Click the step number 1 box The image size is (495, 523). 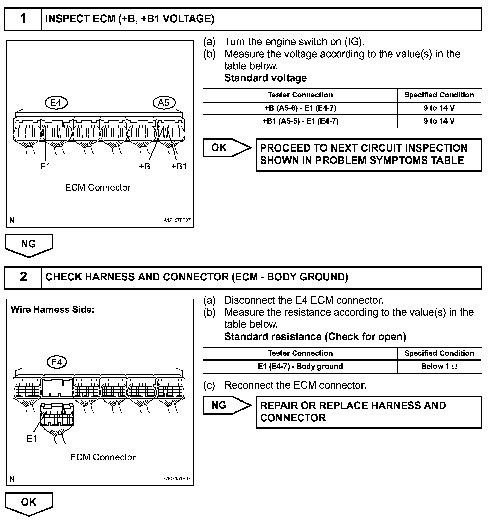(x=23, y=19)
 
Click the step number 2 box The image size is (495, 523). (x=23, y=277)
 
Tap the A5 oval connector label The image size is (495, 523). (x=164, y=103)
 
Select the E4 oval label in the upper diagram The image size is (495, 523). (x=56, y=103)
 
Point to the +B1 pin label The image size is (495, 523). (x=179, y=166)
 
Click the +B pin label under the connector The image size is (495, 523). (x=144, y=166)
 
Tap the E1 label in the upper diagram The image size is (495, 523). (x=45, y=166)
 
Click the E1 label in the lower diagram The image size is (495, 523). (x=32, y=438)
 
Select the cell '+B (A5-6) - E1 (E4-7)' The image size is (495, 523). (x=300, y=108)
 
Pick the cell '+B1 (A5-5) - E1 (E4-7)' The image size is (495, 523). (x=300, y=121)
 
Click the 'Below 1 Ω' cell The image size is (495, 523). (x=439, y=367)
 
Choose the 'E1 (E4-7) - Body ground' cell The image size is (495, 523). (x=300, y=367)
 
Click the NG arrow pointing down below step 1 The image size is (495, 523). (x=29, y=245)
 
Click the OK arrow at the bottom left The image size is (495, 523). (x=29, y=503)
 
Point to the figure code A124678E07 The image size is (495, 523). (x=177, y=220)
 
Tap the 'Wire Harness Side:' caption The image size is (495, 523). (x=52, y=310)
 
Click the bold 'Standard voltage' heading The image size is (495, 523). (x=265, y=78)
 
